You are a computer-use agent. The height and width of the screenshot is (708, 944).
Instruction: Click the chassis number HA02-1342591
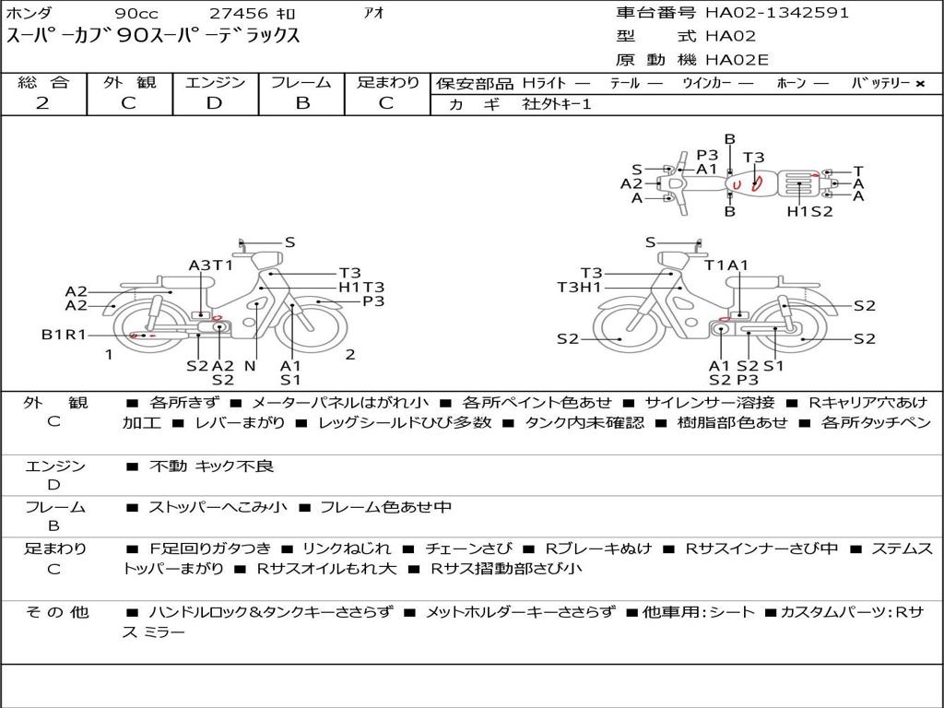click(776, 12)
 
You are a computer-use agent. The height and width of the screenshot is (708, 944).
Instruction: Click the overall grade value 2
click(42, 103)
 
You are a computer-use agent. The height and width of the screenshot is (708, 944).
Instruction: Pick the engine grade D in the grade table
click(214, 103)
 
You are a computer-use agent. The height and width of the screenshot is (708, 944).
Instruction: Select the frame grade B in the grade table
click(302, 103)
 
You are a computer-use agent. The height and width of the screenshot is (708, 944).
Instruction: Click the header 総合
click(43, 82)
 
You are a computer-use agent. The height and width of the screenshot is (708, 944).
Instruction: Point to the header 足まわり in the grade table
click(387, 82)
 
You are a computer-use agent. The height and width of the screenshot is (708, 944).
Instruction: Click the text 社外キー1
click(557, 104)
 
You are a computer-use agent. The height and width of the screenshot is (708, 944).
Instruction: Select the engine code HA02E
click(737, 60)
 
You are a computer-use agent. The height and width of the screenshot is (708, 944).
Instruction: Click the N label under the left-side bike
click(250, 365)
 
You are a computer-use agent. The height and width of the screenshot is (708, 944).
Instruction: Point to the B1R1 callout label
click(64, 335)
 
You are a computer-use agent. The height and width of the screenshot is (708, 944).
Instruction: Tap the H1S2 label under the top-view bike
click(809, 211)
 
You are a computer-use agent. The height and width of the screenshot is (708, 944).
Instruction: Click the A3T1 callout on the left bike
click(211, 265)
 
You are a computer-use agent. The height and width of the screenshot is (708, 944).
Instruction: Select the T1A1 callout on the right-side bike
click(726, 265)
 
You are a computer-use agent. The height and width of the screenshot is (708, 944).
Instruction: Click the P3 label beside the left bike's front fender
click(373, 301)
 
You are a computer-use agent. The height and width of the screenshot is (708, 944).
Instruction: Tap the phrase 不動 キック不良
click(211, 466)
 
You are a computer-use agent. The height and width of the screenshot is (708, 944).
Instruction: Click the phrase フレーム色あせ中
click(385, 507)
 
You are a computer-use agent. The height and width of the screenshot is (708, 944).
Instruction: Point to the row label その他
click(57, 612)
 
